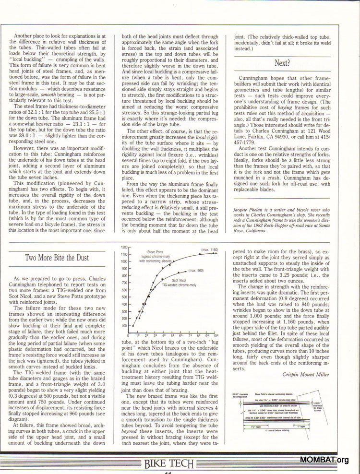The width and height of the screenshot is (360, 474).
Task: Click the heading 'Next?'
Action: pyautogui.click(x=282, y=63)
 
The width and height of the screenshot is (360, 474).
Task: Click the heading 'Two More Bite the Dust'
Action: pyautogui.click(x=57, y=258)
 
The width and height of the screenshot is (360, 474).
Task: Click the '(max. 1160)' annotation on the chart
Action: pyautogui.click(x=210, y=250)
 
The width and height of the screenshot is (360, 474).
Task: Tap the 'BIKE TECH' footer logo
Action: pyautogui.click(x=169, y=463)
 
